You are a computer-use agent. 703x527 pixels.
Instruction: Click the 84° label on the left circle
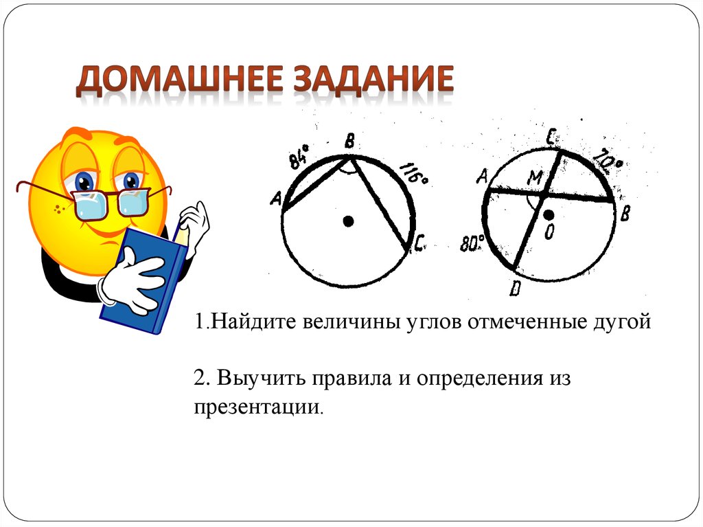pyautogui.click(x=298, y=159)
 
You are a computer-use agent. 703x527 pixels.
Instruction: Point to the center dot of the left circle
pyautogui.click(x=348, y=221)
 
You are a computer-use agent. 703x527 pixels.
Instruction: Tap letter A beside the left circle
pyautogui.click(x=277, y=199)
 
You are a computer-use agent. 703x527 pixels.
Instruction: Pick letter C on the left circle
pyautogui.click(x=421, y=242)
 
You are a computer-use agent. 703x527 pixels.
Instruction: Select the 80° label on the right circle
pyautogui.click(x=474, y=243)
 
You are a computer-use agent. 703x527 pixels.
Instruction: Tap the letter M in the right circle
pyautogui.click(x=534, y=179)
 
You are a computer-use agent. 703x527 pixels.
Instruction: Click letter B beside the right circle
pyautogui.click(x=625, y=214)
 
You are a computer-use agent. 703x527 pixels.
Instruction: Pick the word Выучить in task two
pyautogui.click(x=262, y=378)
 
